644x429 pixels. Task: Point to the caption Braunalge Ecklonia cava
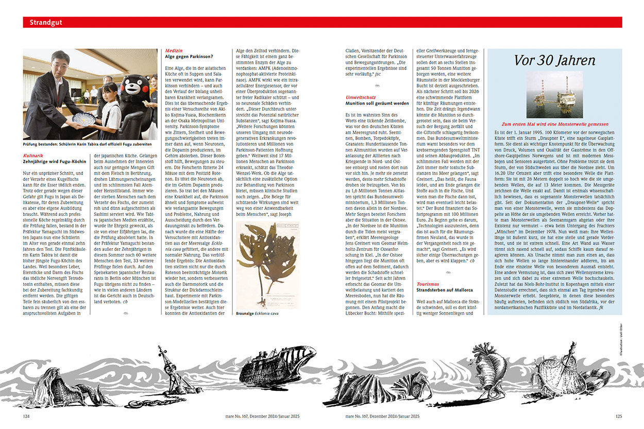click(x=257, y=313)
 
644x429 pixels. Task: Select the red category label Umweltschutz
click(x=361, y=97)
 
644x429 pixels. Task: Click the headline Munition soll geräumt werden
click(x=377, y=103)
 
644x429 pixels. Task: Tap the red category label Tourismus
click(x=428, y=284)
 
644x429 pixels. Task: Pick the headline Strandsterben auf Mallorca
click(x=444, y=290)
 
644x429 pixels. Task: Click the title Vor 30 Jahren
click(x=554, y=60)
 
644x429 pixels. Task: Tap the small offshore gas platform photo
click(x=554, y=95)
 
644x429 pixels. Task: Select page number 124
click(x=26, y=416)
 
